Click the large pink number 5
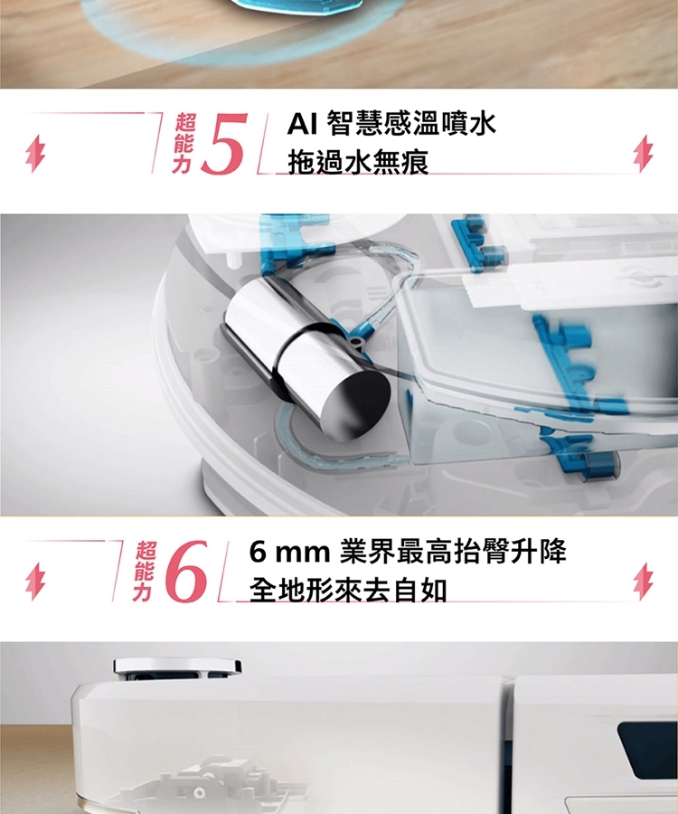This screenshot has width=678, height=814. (x=224, y=143)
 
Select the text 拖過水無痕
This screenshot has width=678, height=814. (x=359, y=162)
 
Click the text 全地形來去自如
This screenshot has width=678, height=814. (x=348, y=591)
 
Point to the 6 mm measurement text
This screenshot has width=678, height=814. (x=289, y=552)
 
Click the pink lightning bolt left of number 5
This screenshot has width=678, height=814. (x=35, y=154)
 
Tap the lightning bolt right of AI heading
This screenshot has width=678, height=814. (x=644, y=154)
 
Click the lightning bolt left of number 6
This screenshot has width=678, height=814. (x=35, y=582)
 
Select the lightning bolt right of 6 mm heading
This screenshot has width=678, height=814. (x=644, y=582)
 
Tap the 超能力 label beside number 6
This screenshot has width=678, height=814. (x=143, y=571)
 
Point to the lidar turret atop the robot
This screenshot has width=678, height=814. (x=177, y=667)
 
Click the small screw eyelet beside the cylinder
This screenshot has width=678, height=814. (x=356, y=341)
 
